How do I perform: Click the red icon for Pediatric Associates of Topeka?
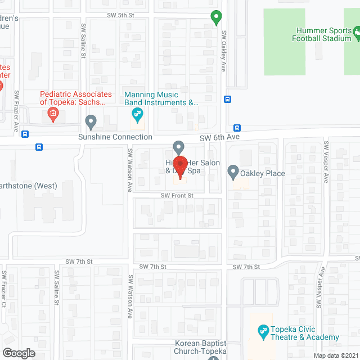pos(53,115)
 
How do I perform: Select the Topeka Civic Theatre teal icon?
pos(262,330)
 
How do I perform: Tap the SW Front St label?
pos(177,195)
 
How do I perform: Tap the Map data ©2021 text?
pos(334,355)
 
